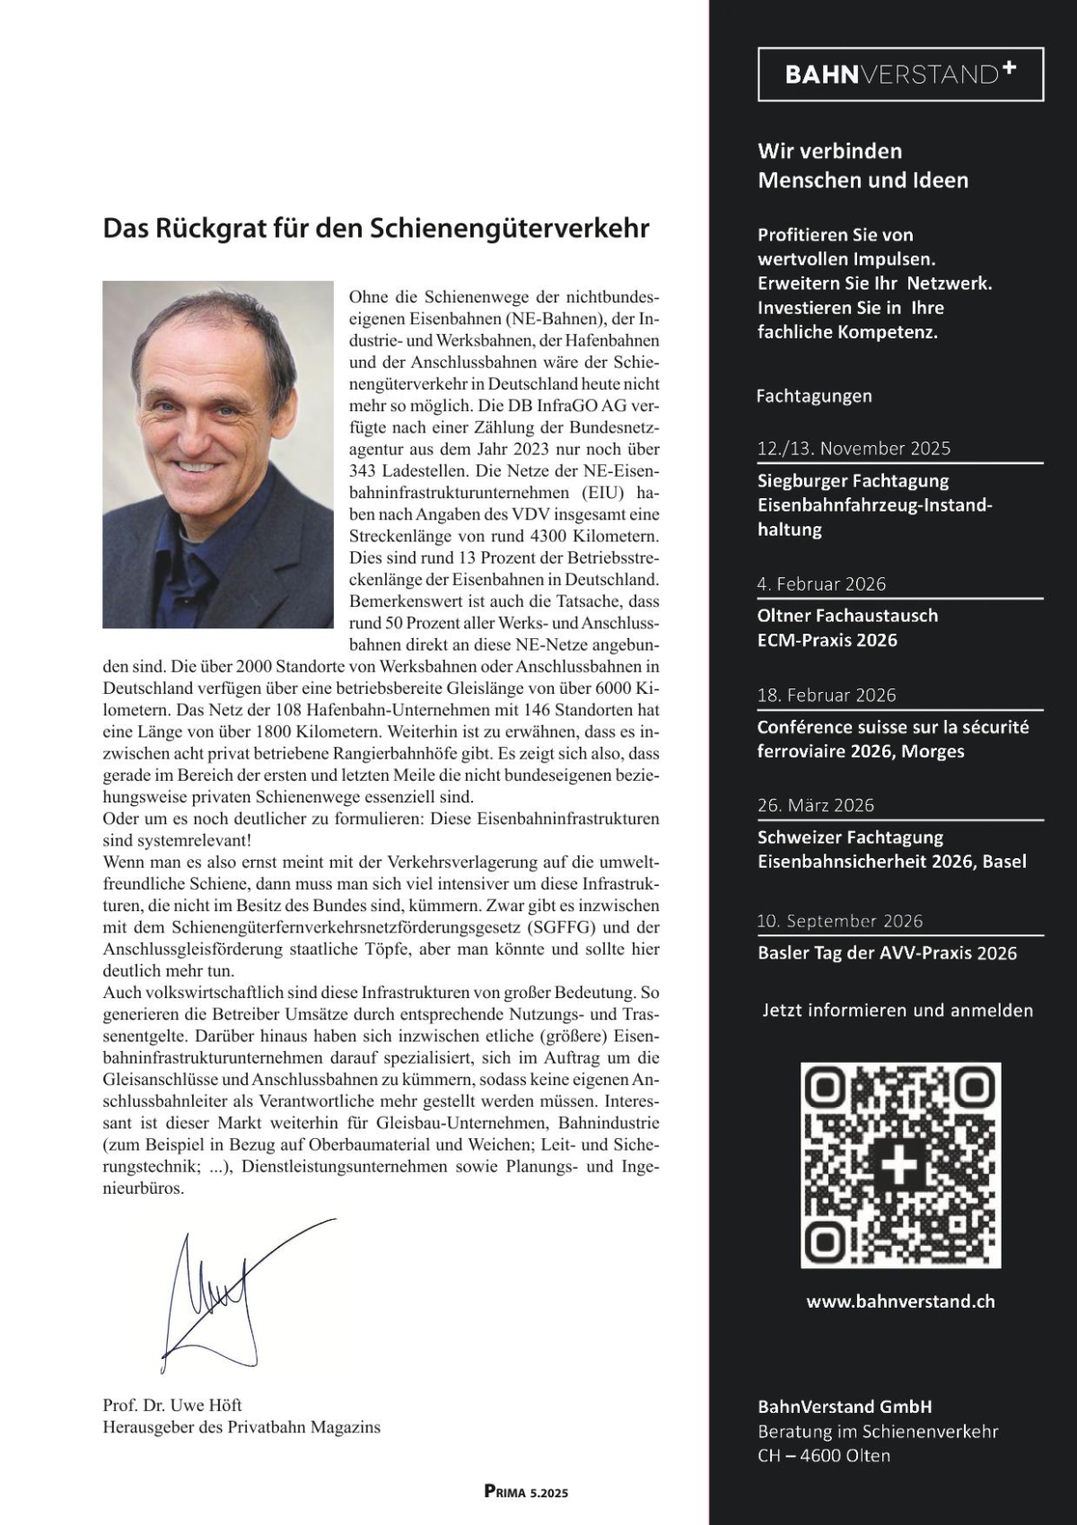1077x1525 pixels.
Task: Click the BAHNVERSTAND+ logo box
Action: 900,74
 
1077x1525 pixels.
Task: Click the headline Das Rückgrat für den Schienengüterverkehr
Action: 376,228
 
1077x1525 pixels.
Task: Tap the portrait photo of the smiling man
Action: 218,454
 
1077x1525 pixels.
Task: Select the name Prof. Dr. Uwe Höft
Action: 172,1405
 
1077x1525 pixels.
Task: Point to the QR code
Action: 900,1165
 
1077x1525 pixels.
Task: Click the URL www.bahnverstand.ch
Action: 900,1302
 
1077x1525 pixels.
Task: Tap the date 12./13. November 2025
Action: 854,448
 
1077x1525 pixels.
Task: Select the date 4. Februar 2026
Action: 821,584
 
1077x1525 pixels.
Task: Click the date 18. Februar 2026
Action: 827,695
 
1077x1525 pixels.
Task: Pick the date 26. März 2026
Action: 816,805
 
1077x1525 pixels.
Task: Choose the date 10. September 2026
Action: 840,921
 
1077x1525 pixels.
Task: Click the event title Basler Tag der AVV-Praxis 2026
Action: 887,953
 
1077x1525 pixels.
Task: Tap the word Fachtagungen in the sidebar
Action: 814,396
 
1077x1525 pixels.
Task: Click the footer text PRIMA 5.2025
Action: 526,1493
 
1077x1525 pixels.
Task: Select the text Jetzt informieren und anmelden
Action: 897,1011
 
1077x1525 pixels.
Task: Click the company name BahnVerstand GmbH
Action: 845,1407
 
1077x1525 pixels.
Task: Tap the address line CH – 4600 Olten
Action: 824,1455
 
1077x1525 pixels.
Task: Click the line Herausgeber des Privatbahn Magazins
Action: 241,1427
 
